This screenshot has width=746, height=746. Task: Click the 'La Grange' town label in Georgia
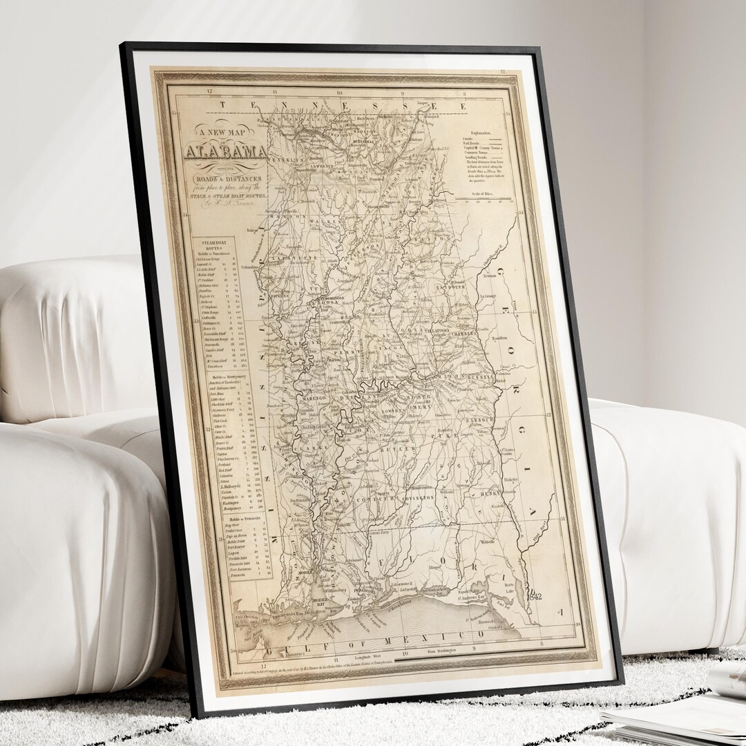[x=507, y=294]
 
